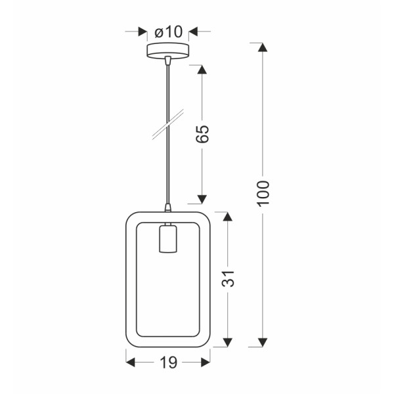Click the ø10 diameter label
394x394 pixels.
168,32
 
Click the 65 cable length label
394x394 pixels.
203,134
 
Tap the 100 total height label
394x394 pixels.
263,194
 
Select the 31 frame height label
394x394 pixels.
228,279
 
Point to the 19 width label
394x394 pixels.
168,362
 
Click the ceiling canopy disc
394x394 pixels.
168,51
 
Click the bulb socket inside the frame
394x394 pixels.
167,240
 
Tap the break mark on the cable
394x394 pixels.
167,125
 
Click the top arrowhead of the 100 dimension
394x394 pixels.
263,47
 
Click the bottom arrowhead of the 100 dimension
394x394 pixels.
263,341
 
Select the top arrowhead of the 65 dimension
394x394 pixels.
202,69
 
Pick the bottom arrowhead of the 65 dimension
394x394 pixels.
202,198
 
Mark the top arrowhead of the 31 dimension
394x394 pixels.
227,217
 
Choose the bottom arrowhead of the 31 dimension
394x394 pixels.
227,341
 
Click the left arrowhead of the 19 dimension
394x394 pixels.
130,362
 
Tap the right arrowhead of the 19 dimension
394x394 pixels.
206,362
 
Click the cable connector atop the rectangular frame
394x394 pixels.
167,208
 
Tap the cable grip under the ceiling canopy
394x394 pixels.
168,61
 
